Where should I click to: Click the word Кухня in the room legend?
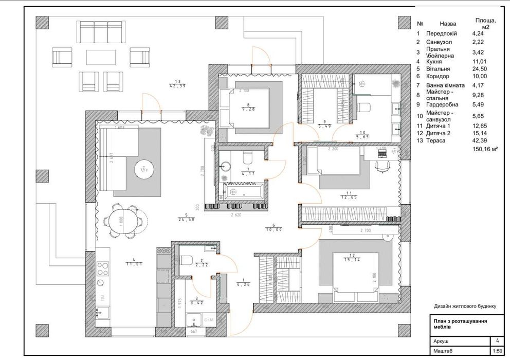[435, 61]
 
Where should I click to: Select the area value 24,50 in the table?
[480, 68]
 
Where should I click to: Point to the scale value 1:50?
[497, 351]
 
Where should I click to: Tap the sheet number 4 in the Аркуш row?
[497, 340]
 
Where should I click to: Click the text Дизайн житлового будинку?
[465, 306]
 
